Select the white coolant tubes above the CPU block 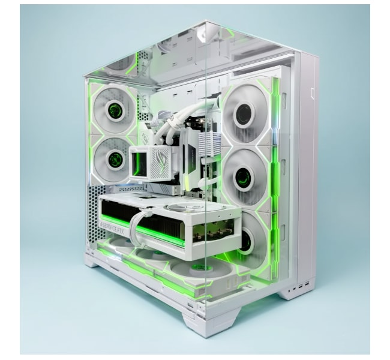click(174, 120)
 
